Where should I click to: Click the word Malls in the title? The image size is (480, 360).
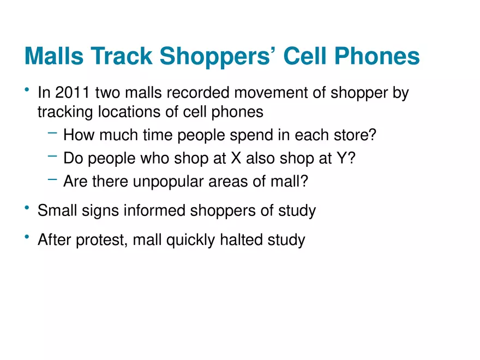[54, 56]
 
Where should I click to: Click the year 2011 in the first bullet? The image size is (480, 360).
[73, 92]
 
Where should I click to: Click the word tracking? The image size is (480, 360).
[65, 112]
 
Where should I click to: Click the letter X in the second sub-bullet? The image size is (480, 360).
[236, 158]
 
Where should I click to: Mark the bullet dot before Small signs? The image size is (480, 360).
[27, 208]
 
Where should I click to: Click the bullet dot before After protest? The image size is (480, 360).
[27, 237]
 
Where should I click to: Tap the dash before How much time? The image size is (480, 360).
[53, 133]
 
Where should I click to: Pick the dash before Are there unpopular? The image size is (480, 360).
[53, 179]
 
